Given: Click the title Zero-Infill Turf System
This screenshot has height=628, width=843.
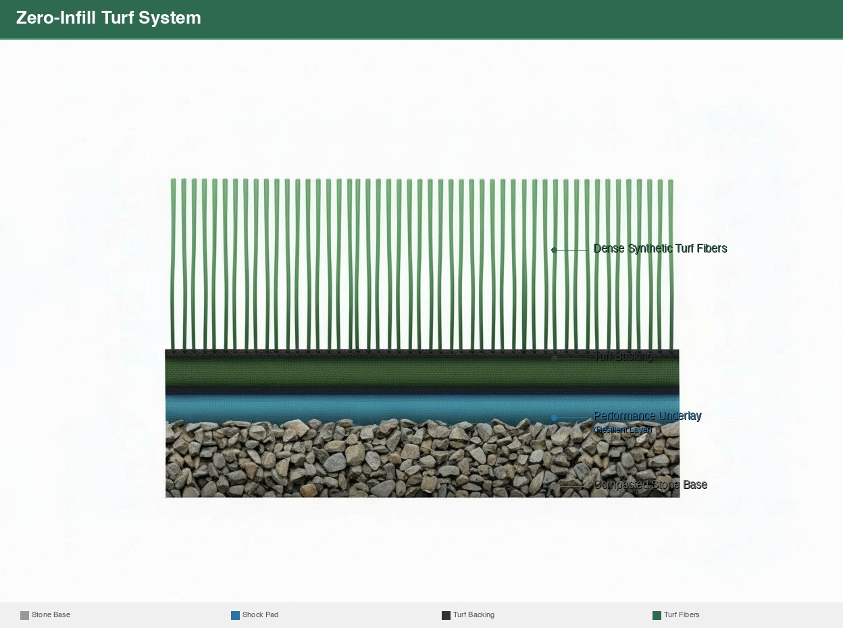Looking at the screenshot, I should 108,18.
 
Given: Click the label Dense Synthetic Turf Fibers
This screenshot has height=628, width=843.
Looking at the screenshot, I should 660,248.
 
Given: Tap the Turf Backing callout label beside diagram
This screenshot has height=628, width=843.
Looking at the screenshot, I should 623,357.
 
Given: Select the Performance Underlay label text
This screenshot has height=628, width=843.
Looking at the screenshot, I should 647,416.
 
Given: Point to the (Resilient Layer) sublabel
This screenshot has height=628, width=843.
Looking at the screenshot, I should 623,429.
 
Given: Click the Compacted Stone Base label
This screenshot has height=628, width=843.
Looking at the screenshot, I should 650,485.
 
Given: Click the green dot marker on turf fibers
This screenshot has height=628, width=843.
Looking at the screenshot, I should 554,250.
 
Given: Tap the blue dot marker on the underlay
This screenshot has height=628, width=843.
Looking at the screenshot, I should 554,417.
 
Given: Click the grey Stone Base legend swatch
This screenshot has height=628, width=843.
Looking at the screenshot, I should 24,615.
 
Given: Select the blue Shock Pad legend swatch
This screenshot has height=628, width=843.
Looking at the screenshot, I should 235,615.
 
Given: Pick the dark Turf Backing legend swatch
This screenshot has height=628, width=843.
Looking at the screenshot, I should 446,615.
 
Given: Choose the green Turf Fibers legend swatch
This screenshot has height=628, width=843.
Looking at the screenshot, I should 657,615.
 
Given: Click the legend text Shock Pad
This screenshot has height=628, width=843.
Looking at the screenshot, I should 260,615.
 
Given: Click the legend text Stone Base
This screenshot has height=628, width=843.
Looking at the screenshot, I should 51,615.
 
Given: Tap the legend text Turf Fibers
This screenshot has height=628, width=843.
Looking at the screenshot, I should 682,615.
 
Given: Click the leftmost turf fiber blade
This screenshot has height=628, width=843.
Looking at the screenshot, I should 173,263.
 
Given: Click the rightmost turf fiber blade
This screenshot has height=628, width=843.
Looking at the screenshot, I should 671,263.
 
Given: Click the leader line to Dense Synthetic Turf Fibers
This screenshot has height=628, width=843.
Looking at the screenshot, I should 573,250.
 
